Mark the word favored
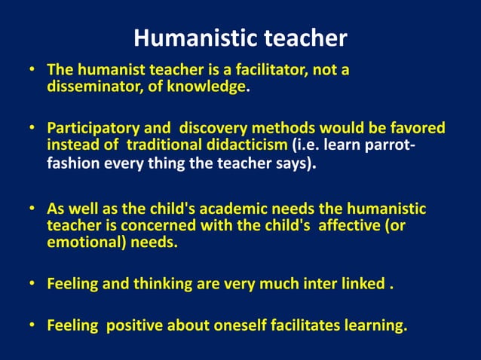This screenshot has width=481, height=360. [415, 128]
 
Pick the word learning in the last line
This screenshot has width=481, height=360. [374, 326]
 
